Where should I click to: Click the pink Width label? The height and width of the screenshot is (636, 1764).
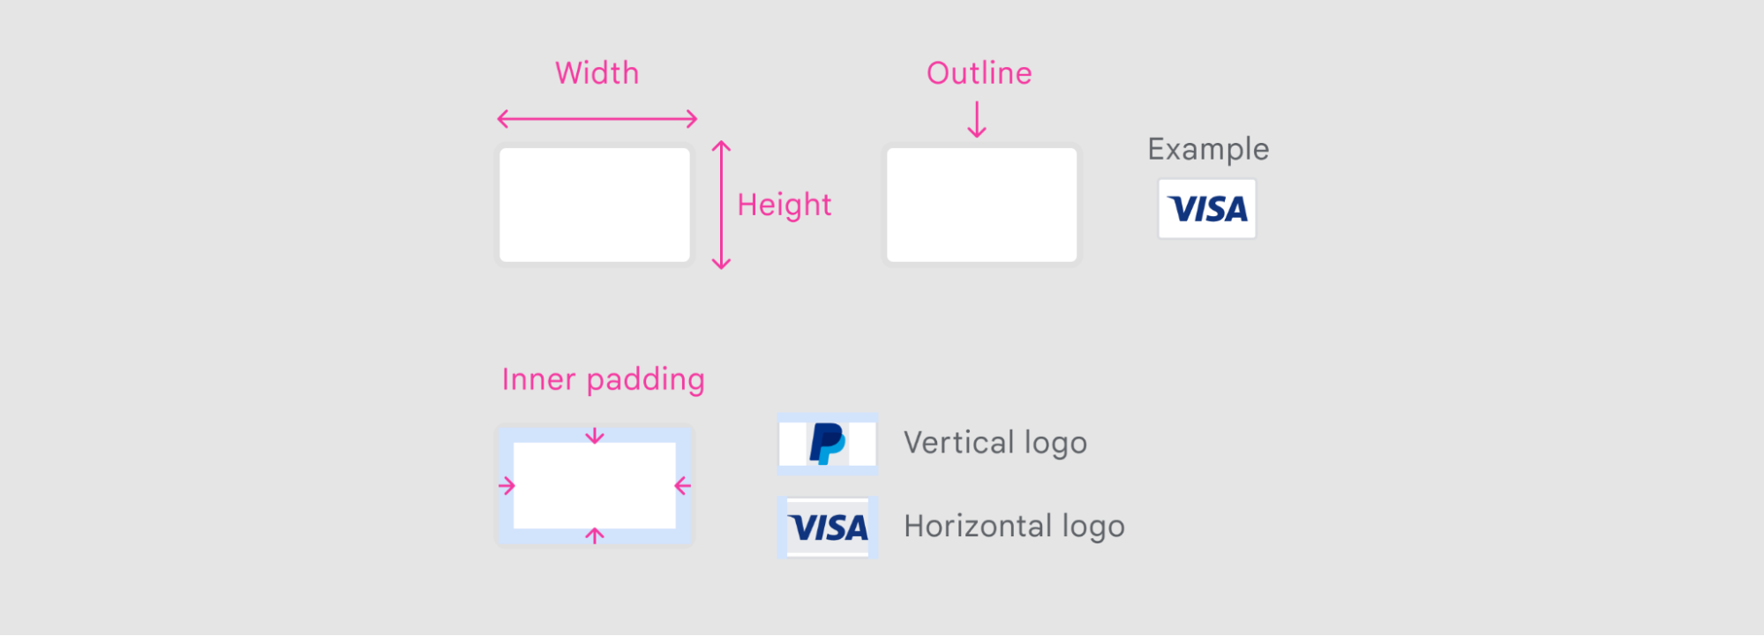597,73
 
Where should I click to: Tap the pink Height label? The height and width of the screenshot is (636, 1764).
784,205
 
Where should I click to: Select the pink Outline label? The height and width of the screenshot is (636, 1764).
979,73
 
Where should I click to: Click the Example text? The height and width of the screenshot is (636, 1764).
1208,149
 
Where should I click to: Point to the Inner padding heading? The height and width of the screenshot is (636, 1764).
603,379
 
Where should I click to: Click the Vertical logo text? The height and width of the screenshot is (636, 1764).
995,443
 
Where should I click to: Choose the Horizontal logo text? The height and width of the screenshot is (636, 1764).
1014,527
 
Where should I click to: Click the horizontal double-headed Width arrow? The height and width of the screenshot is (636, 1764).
597,118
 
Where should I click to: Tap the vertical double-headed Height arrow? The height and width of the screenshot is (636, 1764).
721,205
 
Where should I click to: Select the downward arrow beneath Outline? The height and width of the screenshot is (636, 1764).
976,120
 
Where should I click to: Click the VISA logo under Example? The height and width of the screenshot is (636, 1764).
1207,209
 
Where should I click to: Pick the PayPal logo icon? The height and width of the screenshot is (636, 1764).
827,443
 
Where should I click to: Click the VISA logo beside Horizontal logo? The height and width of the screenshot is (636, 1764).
828,528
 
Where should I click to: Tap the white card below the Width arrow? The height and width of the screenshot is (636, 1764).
595,205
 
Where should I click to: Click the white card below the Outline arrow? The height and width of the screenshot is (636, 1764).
981,205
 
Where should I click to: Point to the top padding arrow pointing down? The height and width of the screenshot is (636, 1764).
595,436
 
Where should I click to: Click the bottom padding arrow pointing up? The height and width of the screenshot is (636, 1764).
595,535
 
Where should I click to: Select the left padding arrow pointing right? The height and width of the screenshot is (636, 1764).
507,486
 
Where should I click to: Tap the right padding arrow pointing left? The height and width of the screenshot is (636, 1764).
682,486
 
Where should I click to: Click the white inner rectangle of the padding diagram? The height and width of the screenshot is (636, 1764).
595,486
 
